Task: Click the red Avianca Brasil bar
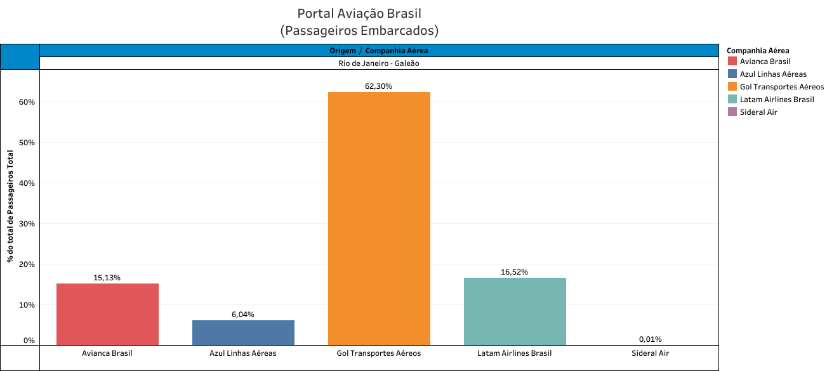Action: tap(107, 314)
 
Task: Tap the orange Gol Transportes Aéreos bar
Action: tap(379, 218)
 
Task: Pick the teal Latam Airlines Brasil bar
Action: tap(515, 311)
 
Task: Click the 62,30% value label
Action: tap(379, 86)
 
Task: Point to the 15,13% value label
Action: tap(107, 278)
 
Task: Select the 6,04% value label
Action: tap(243, 315)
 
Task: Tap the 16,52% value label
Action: tap(515, 272)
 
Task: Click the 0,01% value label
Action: tap(651, 339)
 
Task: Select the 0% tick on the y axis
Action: tap(29, 341)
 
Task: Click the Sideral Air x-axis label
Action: tap(651, 353)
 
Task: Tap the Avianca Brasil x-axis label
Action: tap(107, 353)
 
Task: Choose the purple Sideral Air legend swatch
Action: tap(732, 112)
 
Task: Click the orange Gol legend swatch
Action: tap(732, 86)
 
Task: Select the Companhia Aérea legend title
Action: tap(758, 51)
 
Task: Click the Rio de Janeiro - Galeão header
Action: tap(379, 63)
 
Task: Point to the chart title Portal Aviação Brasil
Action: tap(359, 13)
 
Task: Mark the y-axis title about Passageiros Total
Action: tap(10, 206)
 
